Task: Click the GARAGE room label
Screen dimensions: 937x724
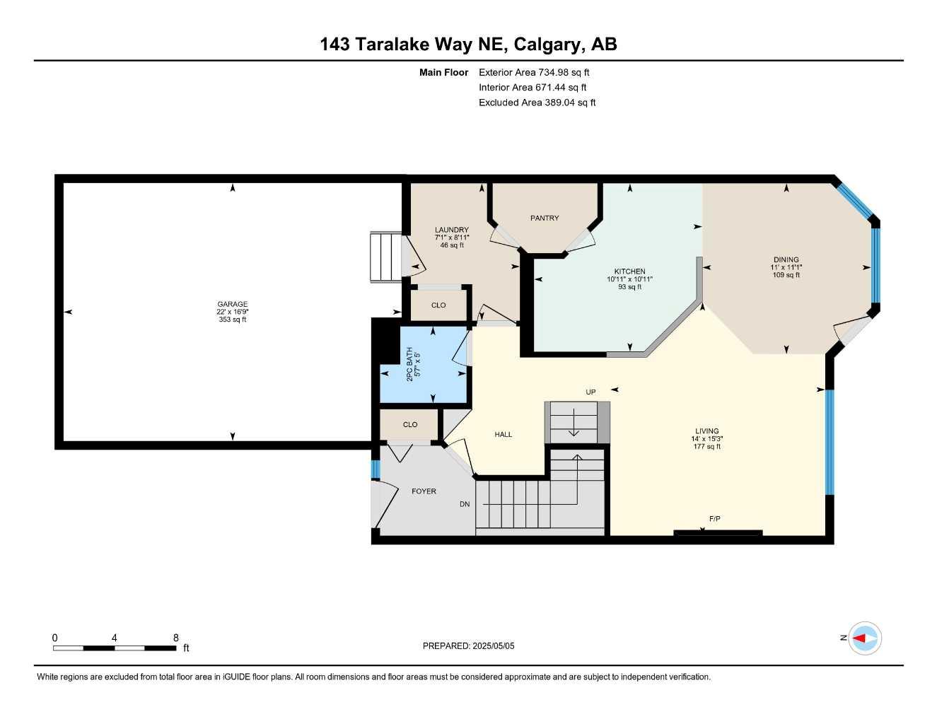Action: [233, 304]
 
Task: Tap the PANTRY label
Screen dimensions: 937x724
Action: [545, 218]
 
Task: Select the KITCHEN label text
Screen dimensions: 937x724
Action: [629, 271]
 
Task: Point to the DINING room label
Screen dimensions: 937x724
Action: [786, 259]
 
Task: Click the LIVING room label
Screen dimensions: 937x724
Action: [706, 431]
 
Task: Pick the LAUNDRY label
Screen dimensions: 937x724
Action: [451, 230]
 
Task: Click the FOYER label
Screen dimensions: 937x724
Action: [424, 491]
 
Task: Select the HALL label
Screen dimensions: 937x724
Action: [504, 434]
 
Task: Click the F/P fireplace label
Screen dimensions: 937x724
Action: [714, 519]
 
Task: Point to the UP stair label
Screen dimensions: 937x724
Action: [590, 392]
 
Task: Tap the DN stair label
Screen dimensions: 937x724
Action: [465, 504]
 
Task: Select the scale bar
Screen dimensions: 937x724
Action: [115, 648]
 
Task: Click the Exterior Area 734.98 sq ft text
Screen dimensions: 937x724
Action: [534, 72]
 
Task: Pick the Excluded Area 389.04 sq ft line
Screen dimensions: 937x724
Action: [537, 103]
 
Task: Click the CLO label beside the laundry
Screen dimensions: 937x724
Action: [438, 305]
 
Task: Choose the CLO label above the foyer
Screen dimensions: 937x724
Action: [410, 424]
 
